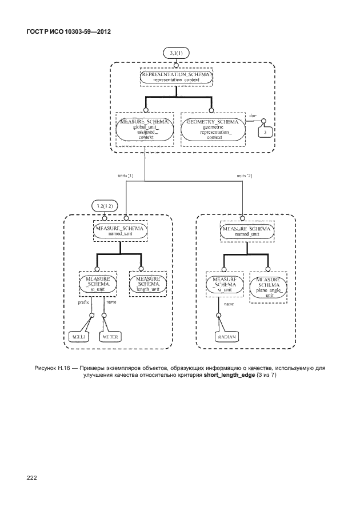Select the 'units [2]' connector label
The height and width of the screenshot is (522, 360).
[x=244, y=176]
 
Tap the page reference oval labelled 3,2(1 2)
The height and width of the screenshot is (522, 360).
[x=103, y=205]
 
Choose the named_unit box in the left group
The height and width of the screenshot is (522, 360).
[x=119, y=230]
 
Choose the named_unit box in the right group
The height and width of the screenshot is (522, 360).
[x=246, y=230]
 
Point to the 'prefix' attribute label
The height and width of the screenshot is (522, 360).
[x=83, y=302]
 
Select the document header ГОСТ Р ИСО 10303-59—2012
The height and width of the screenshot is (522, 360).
[x=68, y=31]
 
